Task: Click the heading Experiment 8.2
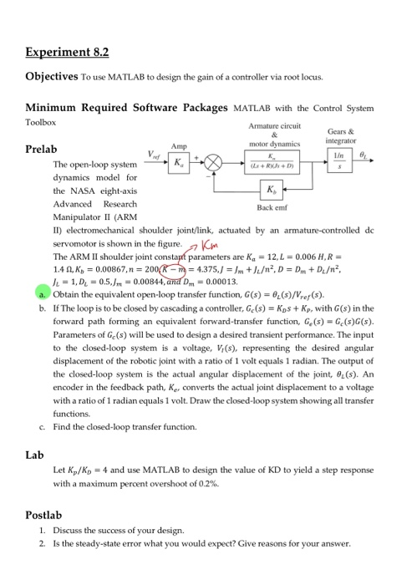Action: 67,52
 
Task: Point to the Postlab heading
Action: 43,516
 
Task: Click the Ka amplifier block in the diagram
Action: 180,162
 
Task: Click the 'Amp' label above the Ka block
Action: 179,145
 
